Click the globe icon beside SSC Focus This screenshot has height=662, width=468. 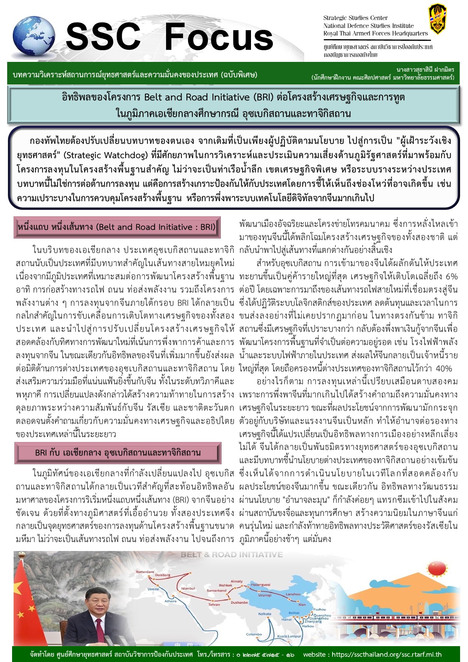point(34,37)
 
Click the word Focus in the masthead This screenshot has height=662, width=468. point(219,37)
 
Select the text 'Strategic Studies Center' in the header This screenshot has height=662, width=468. point(355,18)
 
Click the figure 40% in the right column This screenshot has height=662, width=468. point(444,368)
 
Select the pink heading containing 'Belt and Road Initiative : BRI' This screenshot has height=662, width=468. point(117,227)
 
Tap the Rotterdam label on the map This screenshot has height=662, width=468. point(145,572)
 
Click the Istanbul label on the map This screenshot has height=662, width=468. point(188,588)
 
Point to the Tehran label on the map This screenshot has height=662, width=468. point(214,604)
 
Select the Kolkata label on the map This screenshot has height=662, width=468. point(265,614)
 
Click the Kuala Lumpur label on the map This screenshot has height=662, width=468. point(289,636)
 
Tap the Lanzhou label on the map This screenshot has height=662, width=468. point(293,594)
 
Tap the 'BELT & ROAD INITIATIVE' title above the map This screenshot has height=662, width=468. point(231,554)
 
